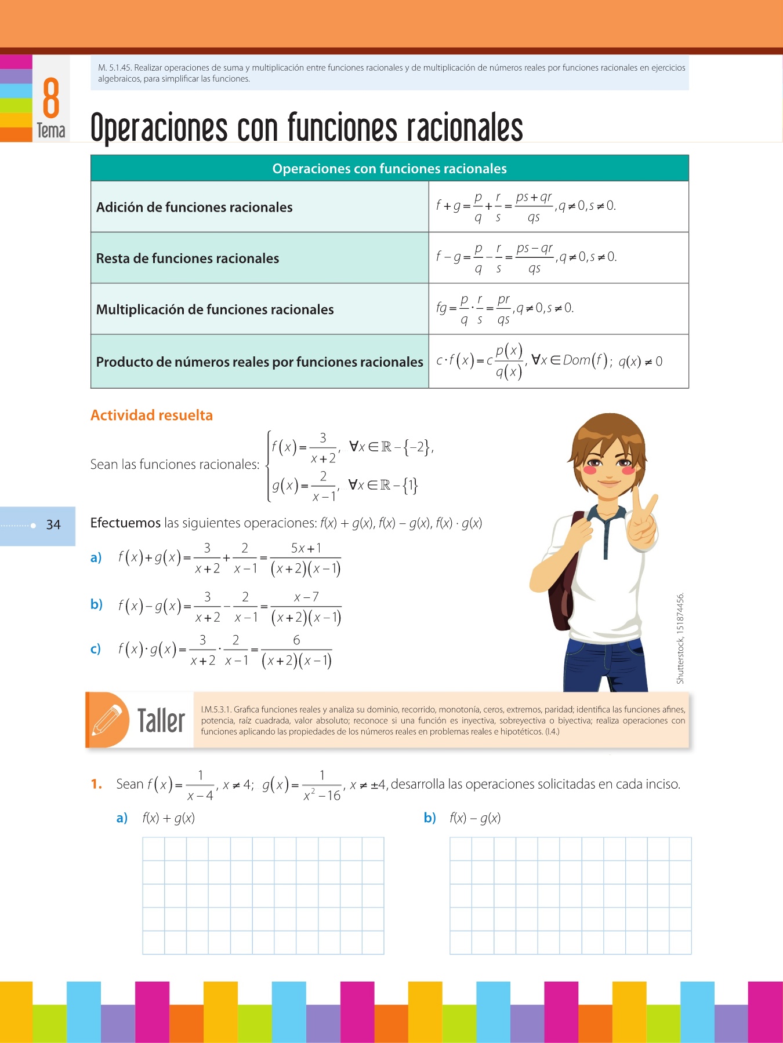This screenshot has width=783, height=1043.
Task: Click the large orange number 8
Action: (x=51, y=98)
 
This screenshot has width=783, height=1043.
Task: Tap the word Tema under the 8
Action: (x=51, y=130)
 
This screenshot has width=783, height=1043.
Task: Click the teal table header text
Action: (x=389, y=169)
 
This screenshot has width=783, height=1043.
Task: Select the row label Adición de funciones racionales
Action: (x=194, y=207)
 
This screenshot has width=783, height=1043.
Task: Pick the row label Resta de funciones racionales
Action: (x=187, y=258)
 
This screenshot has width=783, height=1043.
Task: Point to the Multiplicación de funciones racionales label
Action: (x=215, y=309)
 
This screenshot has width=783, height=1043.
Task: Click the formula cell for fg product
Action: (x=505, y=309)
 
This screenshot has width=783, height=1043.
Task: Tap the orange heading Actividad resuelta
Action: (x=151, y=415)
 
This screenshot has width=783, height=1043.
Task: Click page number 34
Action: (x=53, y=525)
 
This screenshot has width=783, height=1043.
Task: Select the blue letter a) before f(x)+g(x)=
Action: (x=96, y=557)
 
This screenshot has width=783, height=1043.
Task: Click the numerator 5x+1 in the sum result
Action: (x=306, y=548)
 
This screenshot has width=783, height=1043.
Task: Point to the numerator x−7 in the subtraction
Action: (x=306, y=597)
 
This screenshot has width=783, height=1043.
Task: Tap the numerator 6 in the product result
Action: (x=296, y=640)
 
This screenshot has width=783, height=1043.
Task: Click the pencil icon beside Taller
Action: (x=107, y=720)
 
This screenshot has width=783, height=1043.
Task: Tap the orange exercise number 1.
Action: (x=96, y=785)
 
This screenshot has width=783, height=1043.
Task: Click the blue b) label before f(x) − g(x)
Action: (x=430, y=818)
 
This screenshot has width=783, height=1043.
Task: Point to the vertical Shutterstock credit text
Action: (x=680, y=637)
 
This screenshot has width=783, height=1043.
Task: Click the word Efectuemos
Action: (x=125, y=523)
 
